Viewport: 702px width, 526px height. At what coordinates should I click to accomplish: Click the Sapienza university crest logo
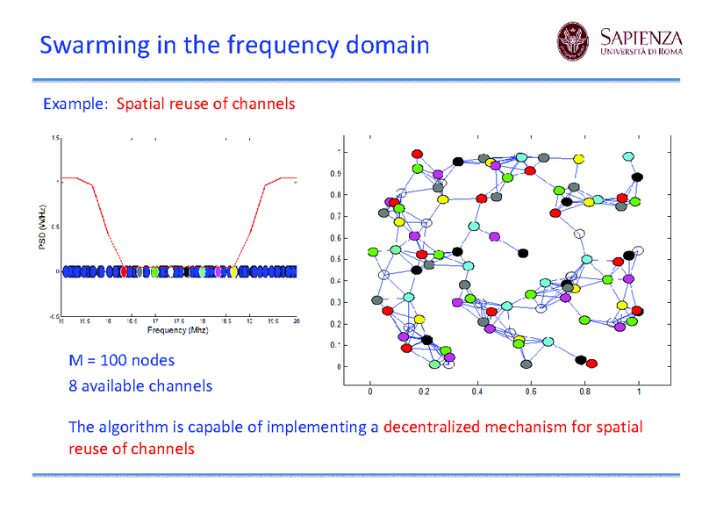click(575, 42)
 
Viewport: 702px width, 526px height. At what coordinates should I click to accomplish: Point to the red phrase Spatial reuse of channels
click(205, 104)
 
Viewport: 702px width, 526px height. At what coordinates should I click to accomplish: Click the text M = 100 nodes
click(122, 360)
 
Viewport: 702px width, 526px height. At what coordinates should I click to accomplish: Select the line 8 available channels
click(140, 385)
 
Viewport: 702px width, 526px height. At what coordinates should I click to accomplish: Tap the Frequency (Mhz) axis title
click(178, 330)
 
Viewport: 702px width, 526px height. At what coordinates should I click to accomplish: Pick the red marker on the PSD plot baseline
click(124, 272)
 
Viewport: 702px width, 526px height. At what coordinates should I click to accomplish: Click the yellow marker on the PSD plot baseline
click(233, 272)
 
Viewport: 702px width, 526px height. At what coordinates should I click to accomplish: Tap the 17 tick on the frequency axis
click(155, 321)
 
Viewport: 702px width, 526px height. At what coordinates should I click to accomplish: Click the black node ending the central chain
click(523, 253)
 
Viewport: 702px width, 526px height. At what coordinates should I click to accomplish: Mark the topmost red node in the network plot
click(418, 155)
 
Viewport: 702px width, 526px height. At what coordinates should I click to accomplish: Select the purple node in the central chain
click(495, 237)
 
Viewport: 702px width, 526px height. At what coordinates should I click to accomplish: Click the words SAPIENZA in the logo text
click(641, 37)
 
